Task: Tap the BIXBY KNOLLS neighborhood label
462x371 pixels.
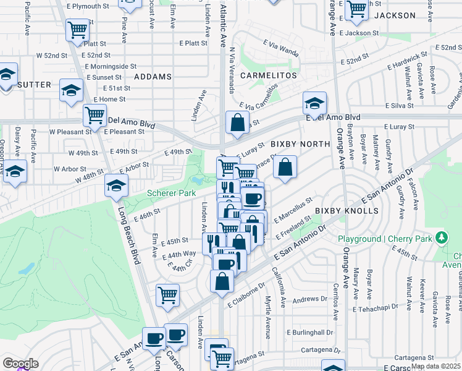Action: (346, 211)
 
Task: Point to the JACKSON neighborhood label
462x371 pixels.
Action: (395, 15)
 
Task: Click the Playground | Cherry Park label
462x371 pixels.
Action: (384, 239)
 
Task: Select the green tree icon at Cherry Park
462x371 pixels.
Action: (441, 237)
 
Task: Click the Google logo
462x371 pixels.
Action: (20, 363)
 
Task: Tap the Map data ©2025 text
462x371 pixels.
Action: (435, 366)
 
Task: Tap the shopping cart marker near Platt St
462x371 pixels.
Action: (77, 29)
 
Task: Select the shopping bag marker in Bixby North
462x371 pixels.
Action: (285, 166)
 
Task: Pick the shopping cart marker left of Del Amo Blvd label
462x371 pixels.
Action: (95, 114)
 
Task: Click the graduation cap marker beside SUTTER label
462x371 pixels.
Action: (71, 90)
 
